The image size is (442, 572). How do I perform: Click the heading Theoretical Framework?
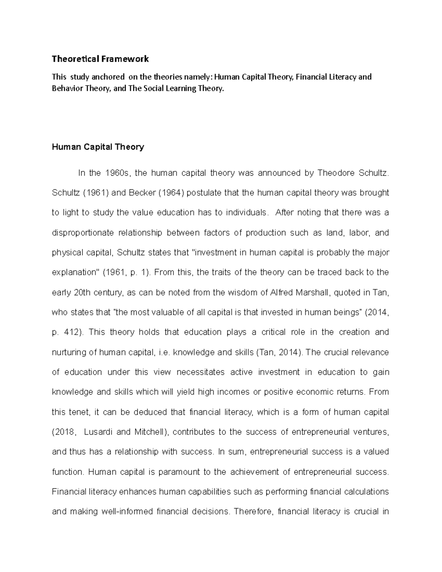(100, 59)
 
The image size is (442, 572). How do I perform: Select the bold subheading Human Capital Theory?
(98, 147)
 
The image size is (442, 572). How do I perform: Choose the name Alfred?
(282, 292)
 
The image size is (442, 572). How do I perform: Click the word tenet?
(79, 412)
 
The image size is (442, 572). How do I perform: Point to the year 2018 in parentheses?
(65, 432)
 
